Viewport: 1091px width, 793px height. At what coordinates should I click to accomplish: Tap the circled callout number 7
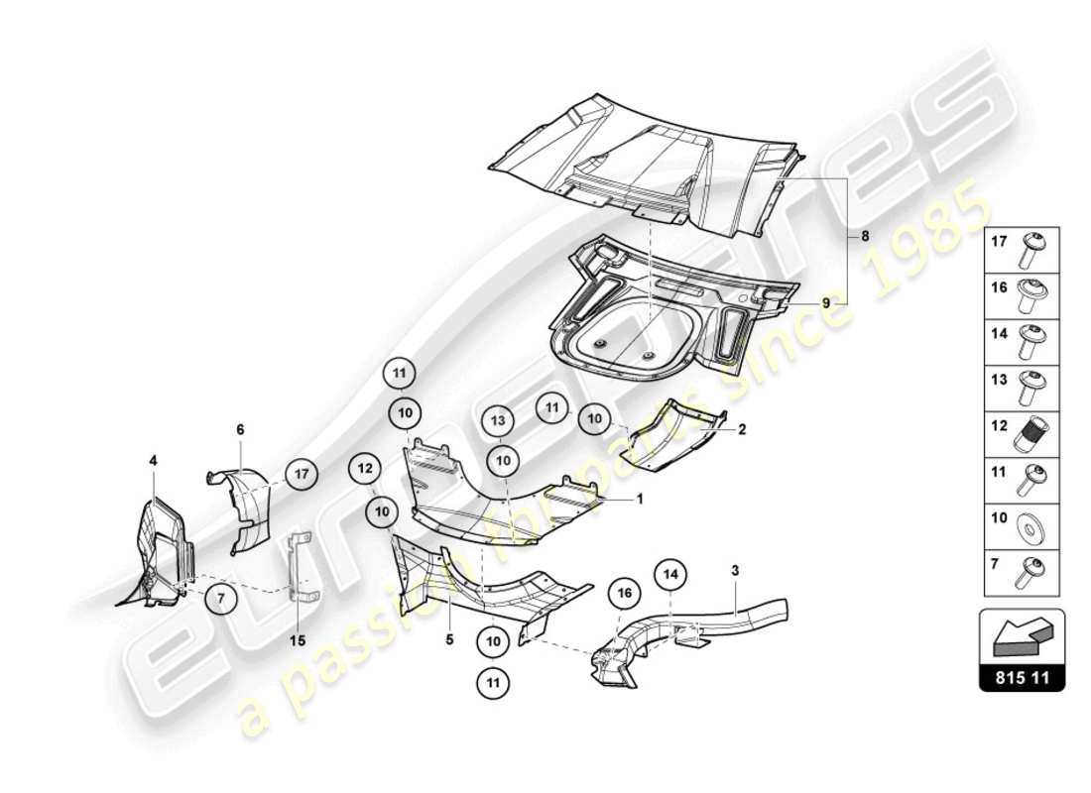[x=220, y=598]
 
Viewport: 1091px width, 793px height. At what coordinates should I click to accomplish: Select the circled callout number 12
[x=364, y=468]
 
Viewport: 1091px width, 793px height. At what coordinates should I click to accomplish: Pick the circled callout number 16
[x=624, y=593]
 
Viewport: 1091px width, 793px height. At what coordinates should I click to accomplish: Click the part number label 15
[x=297, y=639]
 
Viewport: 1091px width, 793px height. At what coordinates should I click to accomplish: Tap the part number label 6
[x=240, y=430]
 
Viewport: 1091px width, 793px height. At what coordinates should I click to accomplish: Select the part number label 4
[x=154, y=460]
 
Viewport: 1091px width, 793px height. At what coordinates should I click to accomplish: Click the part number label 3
[x=735, y=570]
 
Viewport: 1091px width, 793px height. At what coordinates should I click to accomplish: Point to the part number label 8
[x=864, y=237]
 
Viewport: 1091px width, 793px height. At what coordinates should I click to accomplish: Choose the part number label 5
[x=448, y=639]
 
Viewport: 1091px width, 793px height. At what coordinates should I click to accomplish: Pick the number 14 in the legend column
[x=1001, y=334]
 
